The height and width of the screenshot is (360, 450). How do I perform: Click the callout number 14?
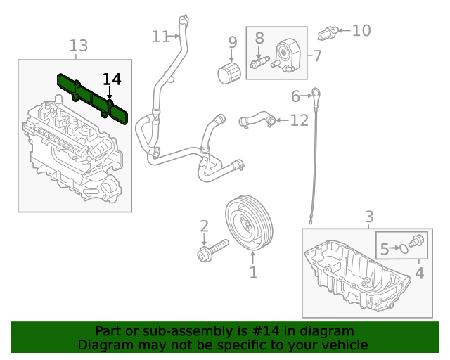click(112, 79)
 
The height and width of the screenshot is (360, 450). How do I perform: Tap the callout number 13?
click(79, 46)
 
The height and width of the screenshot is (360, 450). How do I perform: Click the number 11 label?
click(161, 36)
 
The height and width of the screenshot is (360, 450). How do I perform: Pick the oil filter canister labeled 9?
click(229, 72)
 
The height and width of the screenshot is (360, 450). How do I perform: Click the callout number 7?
click(317, 56)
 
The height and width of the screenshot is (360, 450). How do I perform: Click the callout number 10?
click(361, 30)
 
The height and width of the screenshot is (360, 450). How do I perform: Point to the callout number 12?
click(299, 120)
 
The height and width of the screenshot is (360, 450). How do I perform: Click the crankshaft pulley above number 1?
click(252, 224)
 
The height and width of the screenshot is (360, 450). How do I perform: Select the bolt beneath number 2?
click(212, 250)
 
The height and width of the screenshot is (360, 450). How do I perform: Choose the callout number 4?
click(420, 272)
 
